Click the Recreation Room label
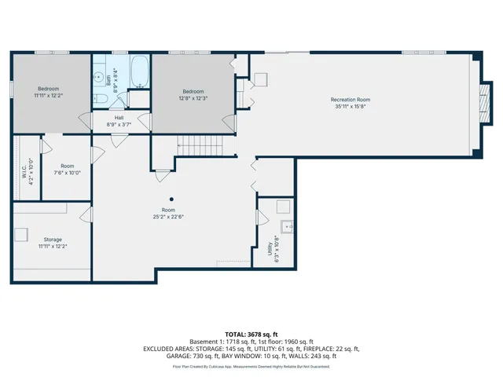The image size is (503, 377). point(350,100)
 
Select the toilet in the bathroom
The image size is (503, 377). point(101,98)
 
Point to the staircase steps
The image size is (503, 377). point(201,146)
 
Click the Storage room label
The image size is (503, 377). point(53,239)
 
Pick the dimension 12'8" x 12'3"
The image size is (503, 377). point(193,98)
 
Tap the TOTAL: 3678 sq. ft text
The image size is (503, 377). point(251,335)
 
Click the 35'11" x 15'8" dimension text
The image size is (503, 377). point(350,107)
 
